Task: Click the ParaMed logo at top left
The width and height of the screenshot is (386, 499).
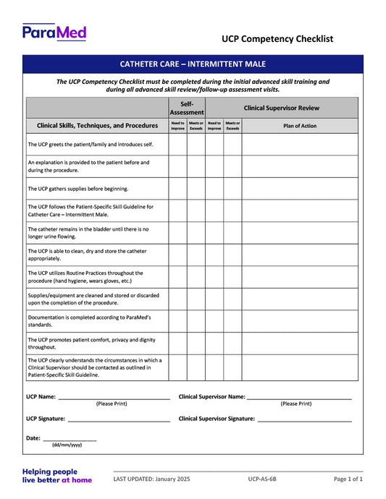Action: click(54, 32)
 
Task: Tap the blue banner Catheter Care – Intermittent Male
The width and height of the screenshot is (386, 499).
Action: click(193, 64)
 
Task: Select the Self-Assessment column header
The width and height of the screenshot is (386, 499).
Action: click(187, 108)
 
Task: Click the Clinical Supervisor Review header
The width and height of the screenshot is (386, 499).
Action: click(281, 108)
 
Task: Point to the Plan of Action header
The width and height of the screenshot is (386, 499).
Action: click(299, 125)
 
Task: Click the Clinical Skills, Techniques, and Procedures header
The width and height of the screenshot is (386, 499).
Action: click(97, 125)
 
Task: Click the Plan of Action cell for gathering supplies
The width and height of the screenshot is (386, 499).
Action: click(299, 189)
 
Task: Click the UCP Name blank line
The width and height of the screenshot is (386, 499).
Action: click(114, 398)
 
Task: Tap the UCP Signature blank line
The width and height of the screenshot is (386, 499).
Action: click(118, 419)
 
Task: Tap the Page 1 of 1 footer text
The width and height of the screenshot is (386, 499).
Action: click(348, 479)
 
